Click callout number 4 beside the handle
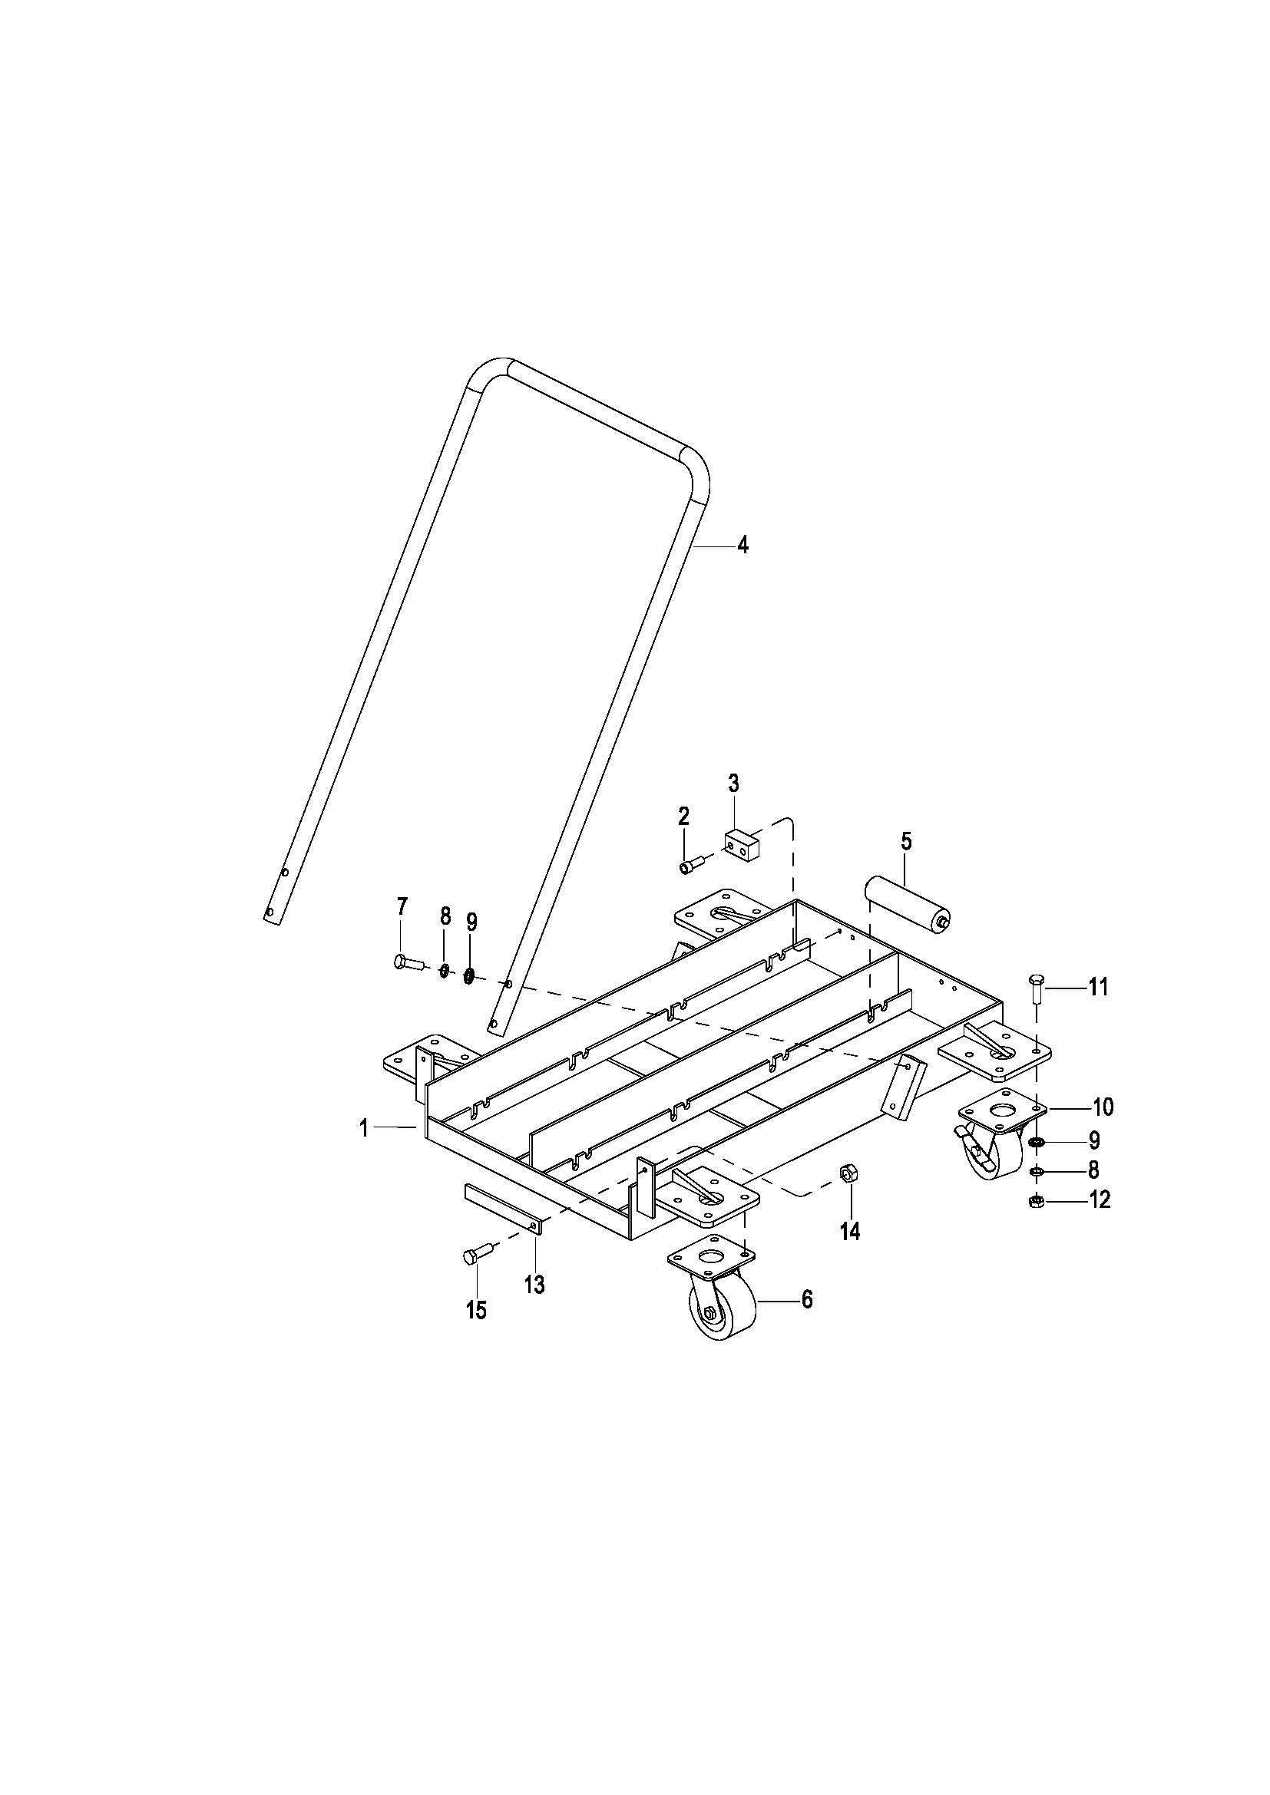[742, 545]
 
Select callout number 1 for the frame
[364, 1127]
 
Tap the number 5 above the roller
[905, 842]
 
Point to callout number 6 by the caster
[806, 1299]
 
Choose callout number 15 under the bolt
[476, 1309]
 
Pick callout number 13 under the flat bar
[534, 1285]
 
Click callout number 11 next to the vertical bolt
[1098, 988]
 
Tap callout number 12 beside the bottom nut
[1100, 1199]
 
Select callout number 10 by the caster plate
[1103, 1107]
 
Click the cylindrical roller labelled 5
[905, 903]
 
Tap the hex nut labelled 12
[1035, 1201]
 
